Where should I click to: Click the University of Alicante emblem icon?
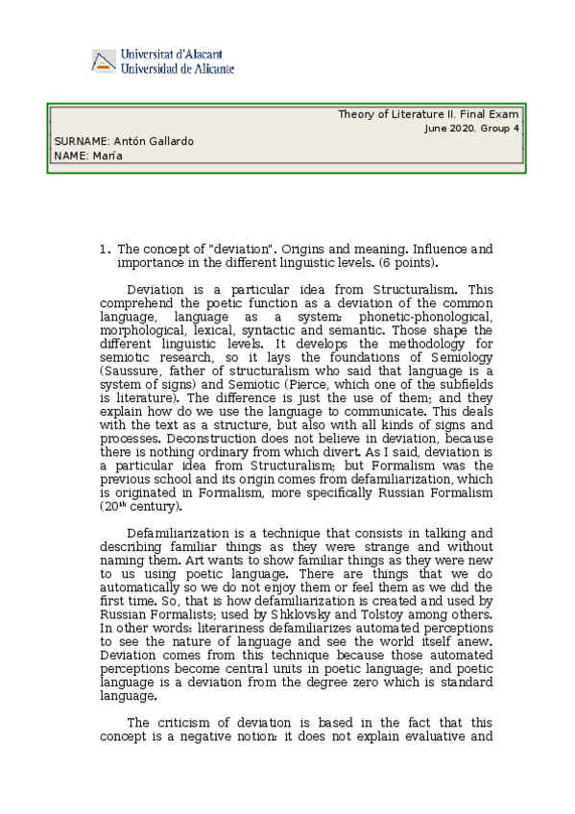pyautogui.click(x=104, y=61)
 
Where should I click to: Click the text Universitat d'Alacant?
pyautogui.click(x=178, y=55)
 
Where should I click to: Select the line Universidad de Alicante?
pyautogui.click(x=178, y=69)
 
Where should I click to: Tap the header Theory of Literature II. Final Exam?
pyautogui.click(x=427, y=114)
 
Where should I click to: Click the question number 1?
pyautogui.click(x=104, y=248)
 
